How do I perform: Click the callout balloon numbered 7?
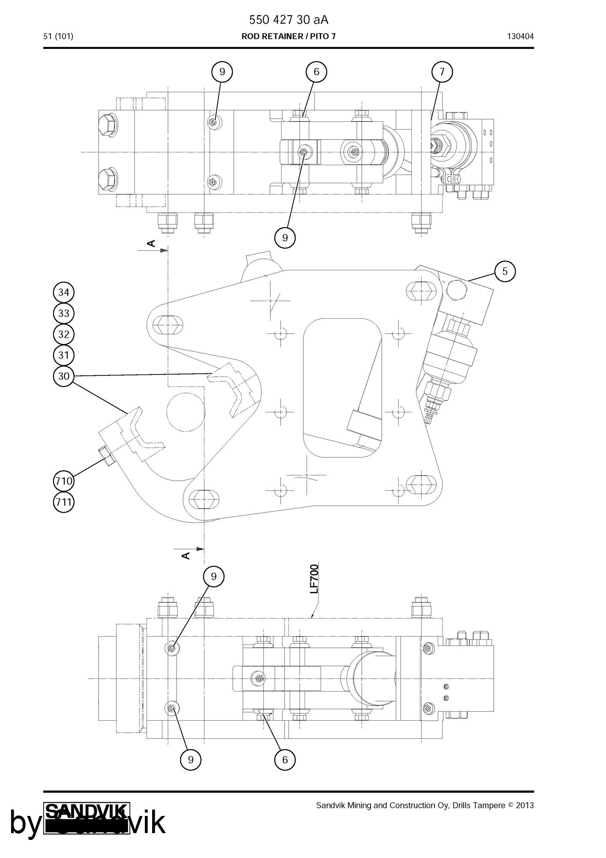pos(442,72)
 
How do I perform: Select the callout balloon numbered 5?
pos(505,271)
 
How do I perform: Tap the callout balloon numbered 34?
pos(63,293)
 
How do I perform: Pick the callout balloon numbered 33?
pos(63,313)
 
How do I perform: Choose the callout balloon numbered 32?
pos(63,334)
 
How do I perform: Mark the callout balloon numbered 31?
pos(63,355)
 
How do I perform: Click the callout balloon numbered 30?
pos(63,376)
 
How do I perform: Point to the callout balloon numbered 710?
pos(63,481)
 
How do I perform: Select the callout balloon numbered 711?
pos(63,502)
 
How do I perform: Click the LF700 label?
pos(315,579)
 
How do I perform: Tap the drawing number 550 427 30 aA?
pos(288,20)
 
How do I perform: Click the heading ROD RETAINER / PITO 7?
pos(288,36)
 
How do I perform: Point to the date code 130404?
pos(520,36)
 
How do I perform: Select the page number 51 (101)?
pos(58,36)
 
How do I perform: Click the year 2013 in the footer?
pos(525,805)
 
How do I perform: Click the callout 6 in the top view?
pos(316,72)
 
